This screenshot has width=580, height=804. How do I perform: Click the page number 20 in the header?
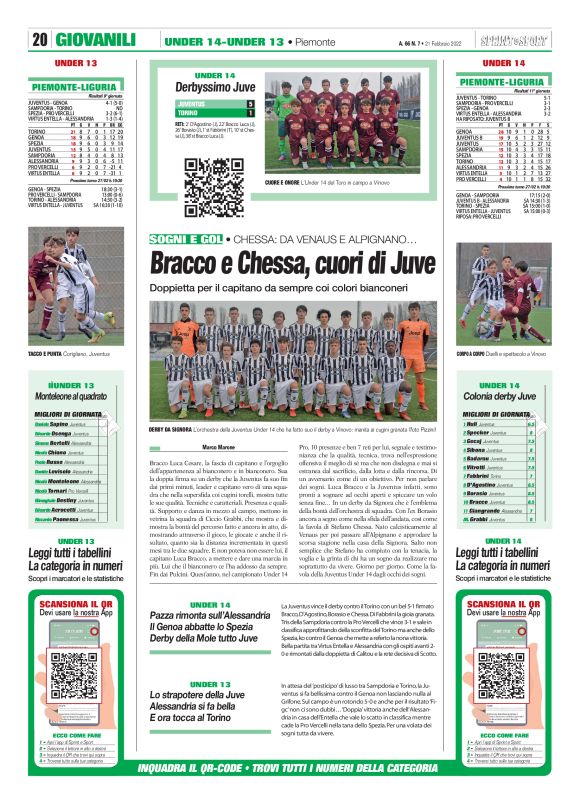41,40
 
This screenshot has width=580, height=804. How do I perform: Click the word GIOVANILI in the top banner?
97,40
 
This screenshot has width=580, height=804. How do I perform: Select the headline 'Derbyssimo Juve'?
215,87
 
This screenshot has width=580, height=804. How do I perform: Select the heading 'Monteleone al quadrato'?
75,395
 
